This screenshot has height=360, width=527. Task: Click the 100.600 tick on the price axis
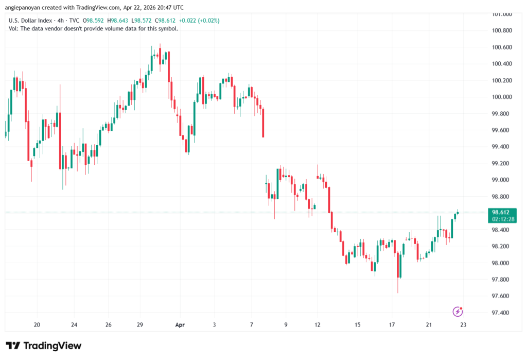click(502, 47)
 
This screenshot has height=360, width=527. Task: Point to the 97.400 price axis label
click(502, 313)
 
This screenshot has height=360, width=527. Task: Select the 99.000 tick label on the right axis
click(502, 180)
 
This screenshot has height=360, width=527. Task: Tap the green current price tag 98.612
click(501, 212)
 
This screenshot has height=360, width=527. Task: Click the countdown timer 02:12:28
click(501, 219)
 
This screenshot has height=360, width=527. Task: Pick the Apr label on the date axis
click(180, 325)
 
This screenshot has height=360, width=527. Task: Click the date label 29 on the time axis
click(140, 325)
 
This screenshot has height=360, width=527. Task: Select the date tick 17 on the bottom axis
click(392, 325)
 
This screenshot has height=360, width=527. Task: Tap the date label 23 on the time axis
click(463, 325)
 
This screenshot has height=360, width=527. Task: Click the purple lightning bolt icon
click(458, 311)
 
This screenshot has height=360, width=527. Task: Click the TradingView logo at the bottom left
click(44, 346)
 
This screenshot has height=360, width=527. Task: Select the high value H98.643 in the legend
click(110, 21)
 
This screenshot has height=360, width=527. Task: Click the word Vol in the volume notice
click(13, 29)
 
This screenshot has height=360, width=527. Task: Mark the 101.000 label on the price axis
click(502, 14)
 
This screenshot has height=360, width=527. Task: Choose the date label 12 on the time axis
click(318, 325)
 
